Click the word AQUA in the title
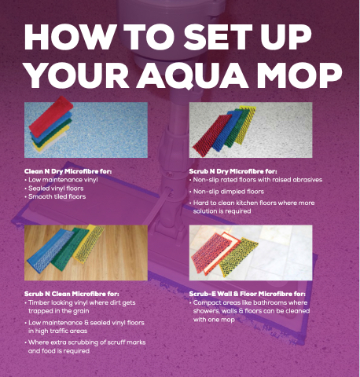pyautogui.click(x=193, y=75)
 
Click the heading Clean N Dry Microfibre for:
pyautogui.click(x=68, y=171)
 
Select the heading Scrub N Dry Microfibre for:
pyautogui.click(x=233, y=171)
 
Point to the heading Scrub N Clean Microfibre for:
pyautogui.click(x=72, y=294)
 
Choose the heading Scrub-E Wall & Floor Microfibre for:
pyautogui.click(x=247, y=294)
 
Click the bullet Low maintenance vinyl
pyautogui.click(x=63, y=180)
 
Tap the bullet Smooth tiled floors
pyautogui.click(x=57, y=196)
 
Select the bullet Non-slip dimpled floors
pyautogui.click(x=229, y=192)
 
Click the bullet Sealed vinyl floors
pyautogui.click(x=56, y=188)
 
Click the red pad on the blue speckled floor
pyautogui.click(x=51, y=116)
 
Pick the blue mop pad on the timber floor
pyautogui.click(x=49, y=251)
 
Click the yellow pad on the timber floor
pyautogui.click(x=88, y=243)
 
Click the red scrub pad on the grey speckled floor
pyautogui.click(x=211, y=136)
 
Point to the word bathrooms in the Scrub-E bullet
pyautogui.click(x=263, y=302)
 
